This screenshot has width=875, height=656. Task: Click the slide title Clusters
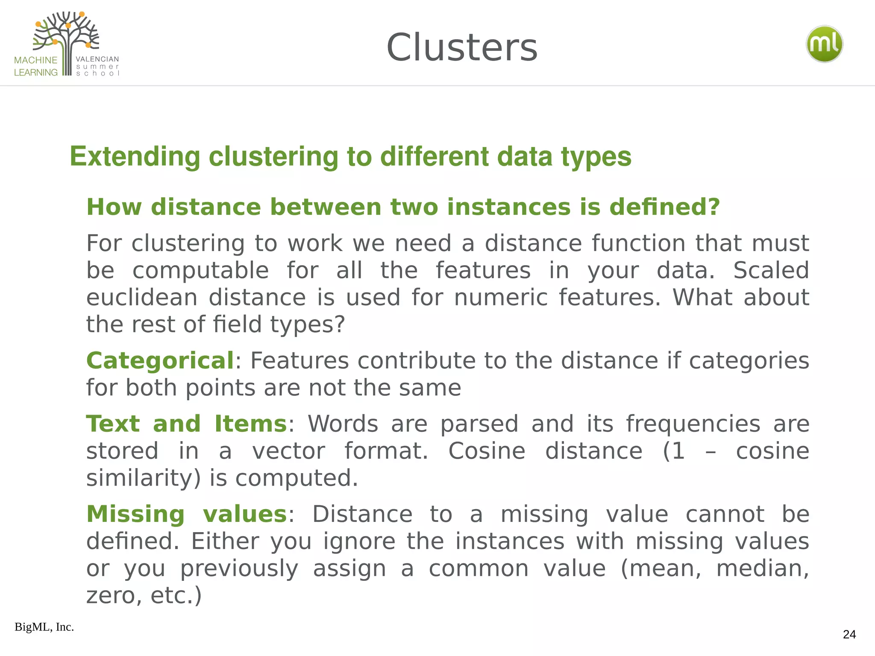(x=461, y=47)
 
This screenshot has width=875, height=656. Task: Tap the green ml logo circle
(x=824, y=44)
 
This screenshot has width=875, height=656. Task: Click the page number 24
(x=849, y=634)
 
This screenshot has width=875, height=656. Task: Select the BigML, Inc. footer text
(x=44, y=627)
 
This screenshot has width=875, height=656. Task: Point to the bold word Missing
(x=135, y=514)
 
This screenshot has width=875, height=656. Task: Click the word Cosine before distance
(x=486, y=451)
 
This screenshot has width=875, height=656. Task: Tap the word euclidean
(x=142, y=297)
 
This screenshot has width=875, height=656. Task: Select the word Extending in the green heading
(x=135, y=156)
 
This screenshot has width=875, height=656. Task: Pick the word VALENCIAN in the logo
(x=97, y=59)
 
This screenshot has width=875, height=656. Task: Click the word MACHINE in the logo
(x=35, y=60)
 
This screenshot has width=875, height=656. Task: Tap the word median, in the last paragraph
(x=762, y=568)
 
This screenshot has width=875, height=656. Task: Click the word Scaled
(x=771, y=270)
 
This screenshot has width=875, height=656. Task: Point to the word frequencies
(x=693, y=424)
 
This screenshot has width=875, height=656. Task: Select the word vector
(x=288, y=451)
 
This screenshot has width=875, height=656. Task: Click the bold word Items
(x=250, y=424)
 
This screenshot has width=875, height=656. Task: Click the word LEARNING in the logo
(x=35, y=73)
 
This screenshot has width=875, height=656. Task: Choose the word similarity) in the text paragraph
(x=143, y=478)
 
